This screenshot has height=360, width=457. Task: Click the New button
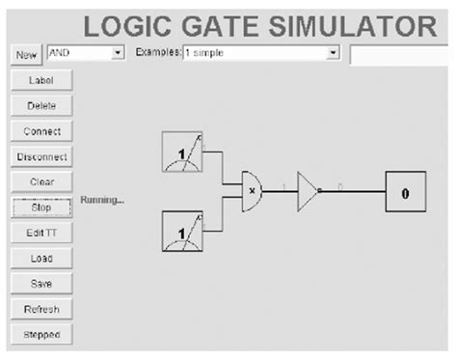pyautogui.click(x=26, y=55)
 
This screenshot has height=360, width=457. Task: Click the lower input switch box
pyautogui.click(x=181, y=232)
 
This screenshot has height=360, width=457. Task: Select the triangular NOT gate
pyautogui.click(x=307, y=190)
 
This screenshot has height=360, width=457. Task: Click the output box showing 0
pyautogui.click(x=406, y=192)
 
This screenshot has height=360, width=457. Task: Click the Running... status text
pyautogui.click(x=102, y=200)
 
